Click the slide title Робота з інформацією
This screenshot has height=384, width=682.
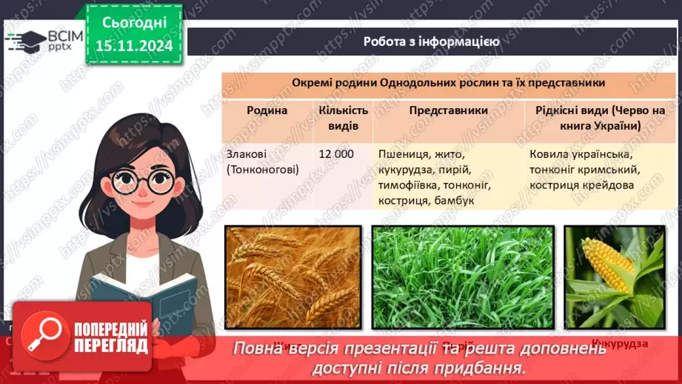431,42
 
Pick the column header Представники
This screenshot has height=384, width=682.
448,110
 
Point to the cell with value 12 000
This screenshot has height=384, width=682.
335,154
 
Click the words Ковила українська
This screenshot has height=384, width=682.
580,154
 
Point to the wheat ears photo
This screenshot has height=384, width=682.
292,276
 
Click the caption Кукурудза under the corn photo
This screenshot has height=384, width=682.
619,344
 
